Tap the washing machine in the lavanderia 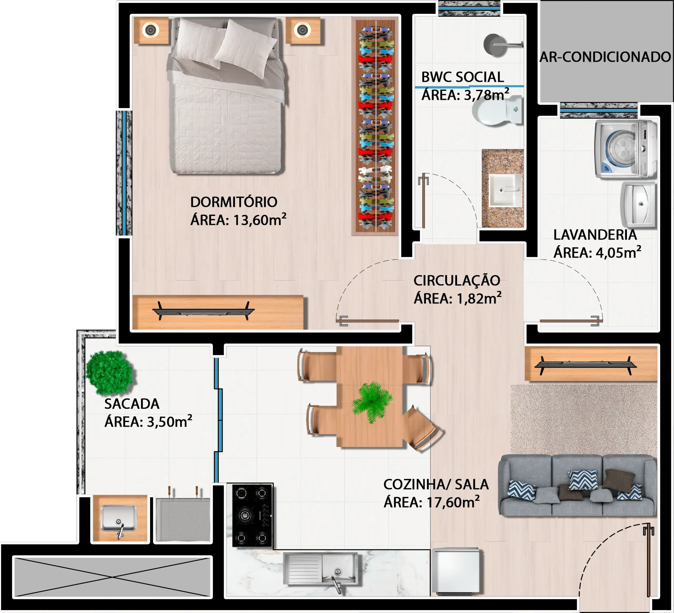click(x=626, y=149)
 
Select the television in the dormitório click(x=203, y=311)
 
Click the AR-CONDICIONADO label click(x=605, y=57)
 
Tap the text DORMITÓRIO click(x=234, y=202)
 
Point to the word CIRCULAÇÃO click(x=457, y=281)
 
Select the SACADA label click(x=132, y=404)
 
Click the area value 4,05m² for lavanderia click(x=619, y=253)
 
